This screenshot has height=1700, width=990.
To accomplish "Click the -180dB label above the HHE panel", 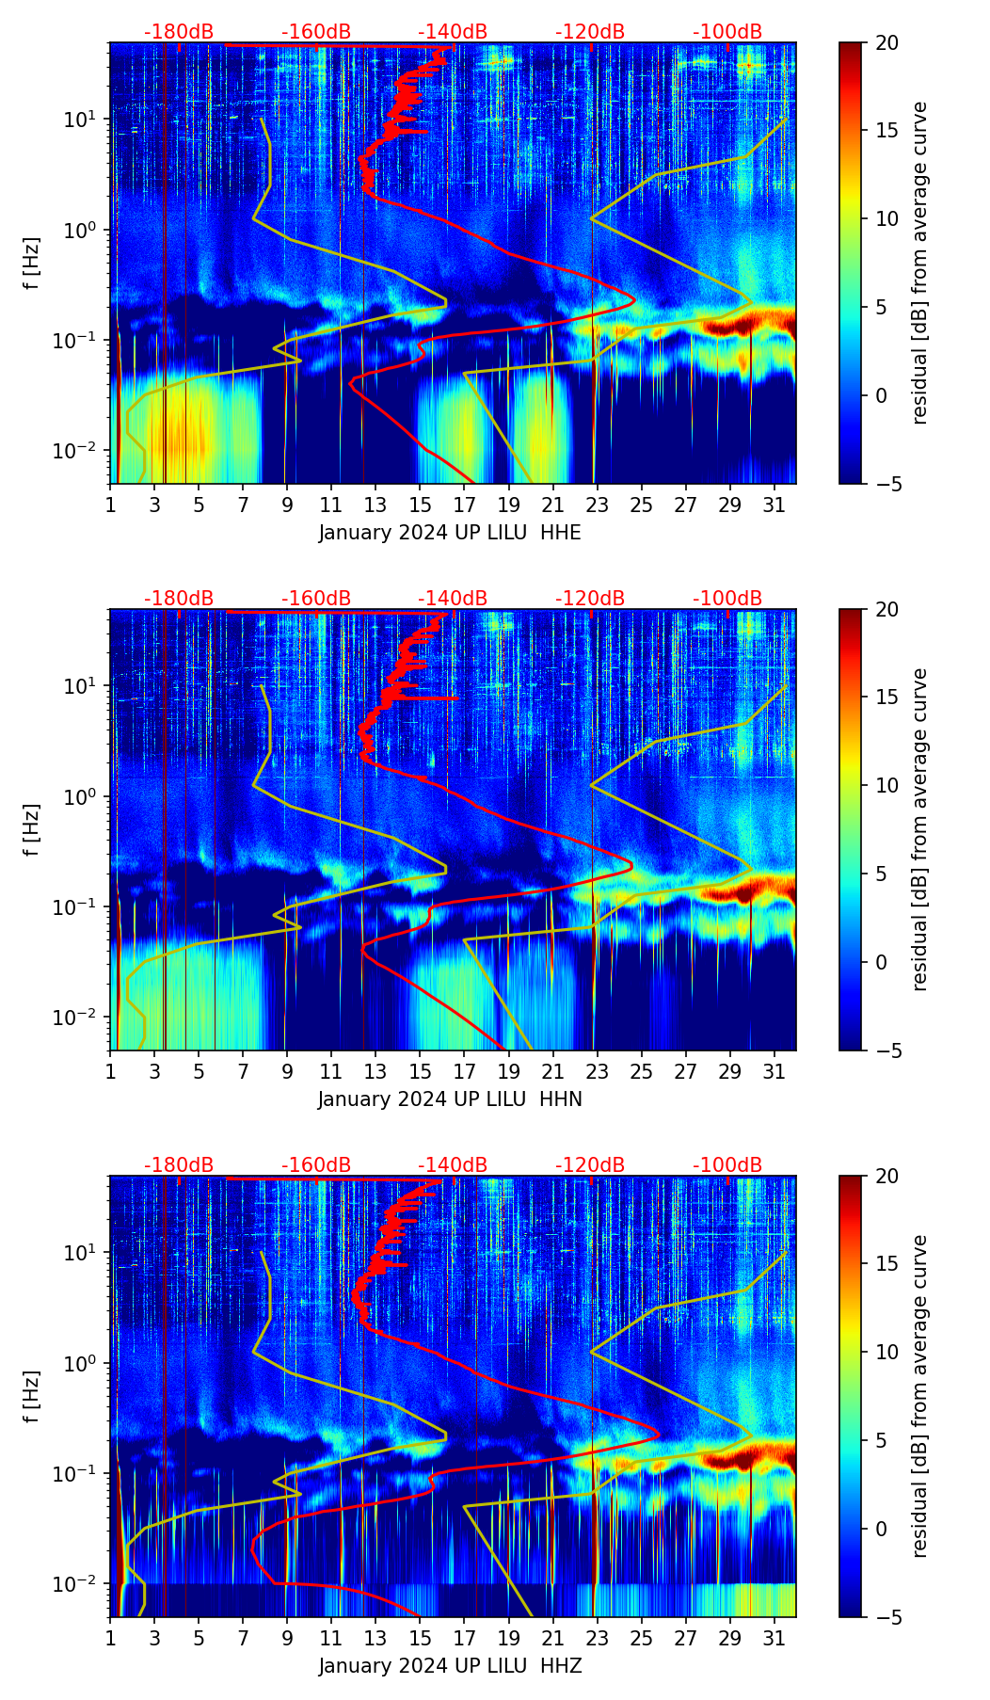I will [x=179, y=32].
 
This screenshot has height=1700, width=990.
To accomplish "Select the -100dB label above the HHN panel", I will [x=727, y=599].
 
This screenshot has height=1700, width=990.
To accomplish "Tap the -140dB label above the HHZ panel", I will [x=453, y=1165].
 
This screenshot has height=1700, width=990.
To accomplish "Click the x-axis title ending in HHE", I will [x=450, y=533].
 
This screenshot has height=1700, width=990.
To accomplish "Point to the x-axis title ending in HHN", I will [x=450, y=1099].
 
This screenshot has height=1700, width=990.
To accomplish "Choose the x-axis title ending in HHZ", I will [x=450, y=1666].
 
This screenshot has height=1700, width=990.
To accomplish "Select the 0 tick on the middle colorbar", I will [x=882, y=962].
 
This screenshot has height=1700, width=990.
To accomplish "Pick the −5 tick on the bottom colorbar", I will [x=886, y=1617].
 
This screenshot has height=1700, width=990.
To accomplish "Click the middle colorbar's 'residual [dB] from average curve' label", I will [x=920, y=829].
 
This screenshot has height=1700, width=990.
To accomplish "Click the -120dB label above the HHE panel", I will [x=590, y=32].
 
